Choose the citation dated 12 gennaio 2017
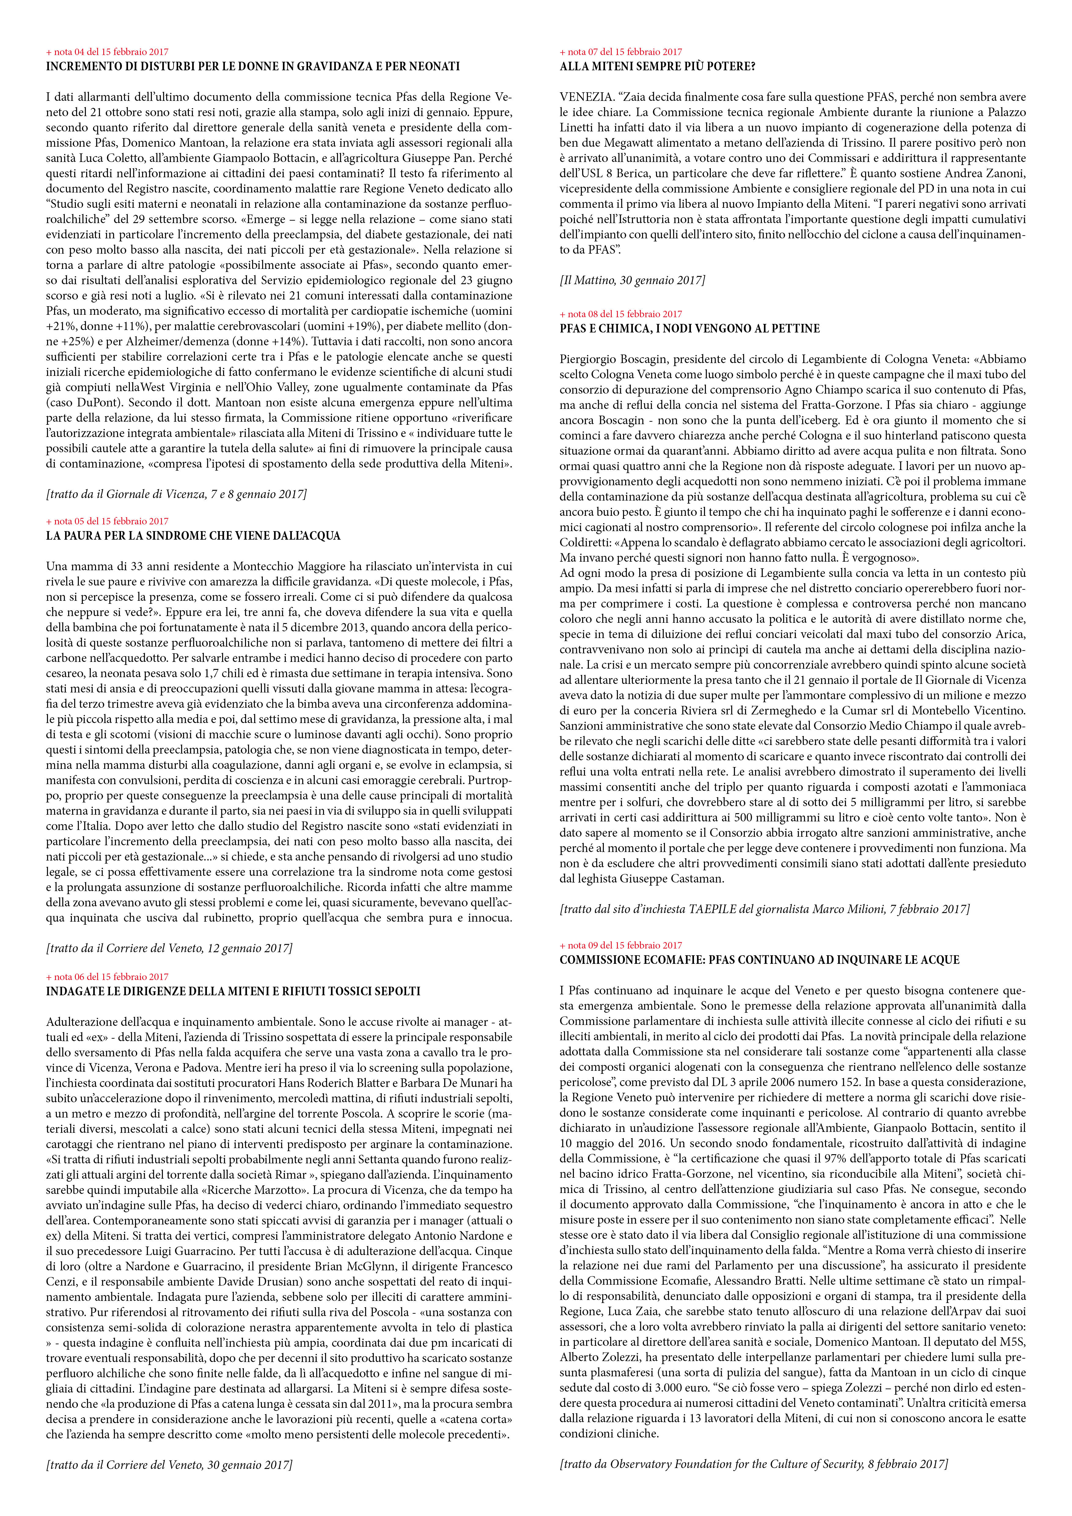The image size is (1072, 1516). [x=169, y=948]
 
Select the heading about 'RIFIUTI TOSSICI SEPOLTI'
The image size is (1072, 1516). [x=233, y=991]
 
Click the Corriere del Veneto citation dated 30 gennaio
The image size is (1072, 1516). [x=169, y=1478]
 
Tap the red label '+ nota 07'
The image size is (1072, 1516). [x=620, y=52]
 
